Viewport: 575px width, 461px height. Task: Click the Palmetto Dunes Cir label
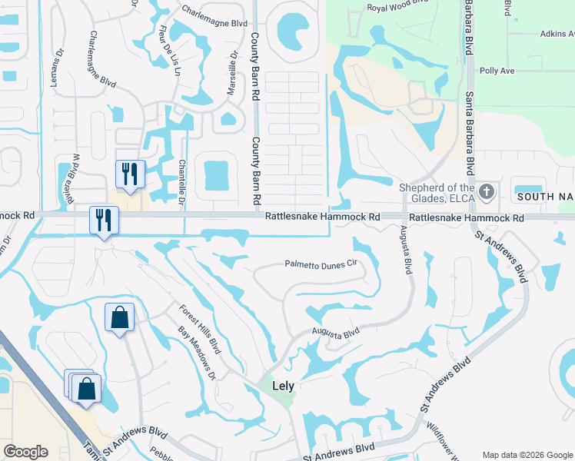(x=322, y=263)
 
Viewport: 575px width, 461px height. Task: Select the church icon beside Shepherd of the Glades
(x=486, y=191)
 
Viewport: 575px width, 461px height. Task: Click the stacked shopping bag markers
(x=85, y=389)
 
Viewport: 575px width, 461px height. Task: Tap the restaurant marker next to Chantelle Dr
(x=129, y=175)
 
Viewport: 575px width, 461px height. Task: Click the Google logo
(x=25, y=452)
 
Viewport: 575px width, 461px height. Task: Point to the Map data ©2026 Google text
(x=527, y=454)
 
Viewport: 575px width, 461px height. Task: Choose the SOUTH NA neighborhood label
(x=545, y=197)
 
